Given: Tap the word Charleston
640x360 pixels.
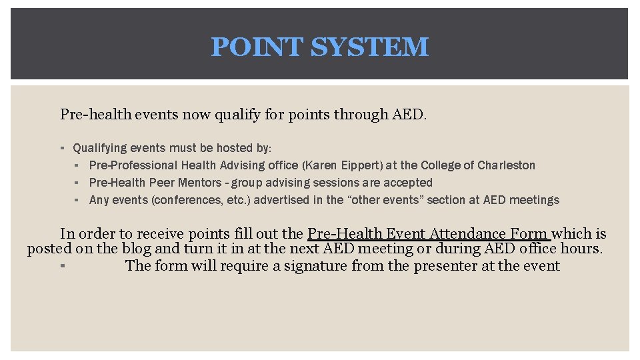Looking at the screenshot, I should pyautogui.click(x=506, y=165).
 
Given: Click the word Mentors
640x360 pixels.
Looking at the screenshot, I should pyautogui.click(x=199, y=183).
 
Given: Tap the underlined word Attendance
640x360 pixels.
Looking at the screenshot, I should pyautogui.click(x=469, y=234).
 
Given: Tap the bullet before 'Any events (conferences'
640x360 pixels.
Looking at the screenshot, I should pyautogui.click(x=77, y=200).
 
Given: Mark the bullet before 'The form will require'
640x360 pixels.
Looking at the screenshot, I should pyautogui.click(x=61, y=266).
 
